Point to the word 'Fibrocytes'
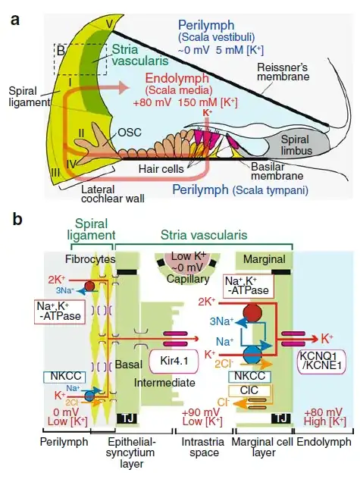pyautogui.click(x=70, y=259)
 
